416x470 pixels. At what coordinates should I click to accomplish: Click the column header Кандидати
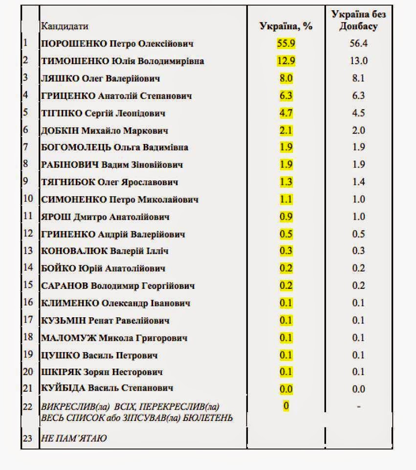pyautogui.click(x=65, y=26)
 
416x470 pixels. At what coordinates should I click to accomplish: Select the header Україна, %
pyautogui.click(x=285, y=26)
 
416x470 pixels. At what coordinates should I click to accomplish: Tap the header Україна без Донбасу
pyautogui.click(x=358, y=20)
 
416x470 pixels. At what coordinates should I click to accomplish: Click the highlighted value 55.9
pyautogui.click(x=285, y=43)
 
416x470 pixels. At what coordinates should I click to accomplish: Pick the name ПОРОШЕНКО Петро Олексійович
pyautogui.click(x=117, y=44)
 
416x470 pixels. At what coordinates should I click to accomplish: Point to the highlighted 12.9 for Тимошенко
pyautogui.click(x=285, y=61)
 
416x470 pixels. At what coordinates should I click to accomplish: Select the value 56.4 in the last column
pyautogui.click(x=358, y=44)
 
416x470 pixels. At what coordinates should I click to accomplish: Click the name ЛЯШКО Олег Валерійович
pyautogui.click(x=108, y=78)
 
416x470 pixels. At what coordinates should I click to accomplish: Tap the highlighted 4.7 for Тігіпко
pyautogui.click(x=285, y=113)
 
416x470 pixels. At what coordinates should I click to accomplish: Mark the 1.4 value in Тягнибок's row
pyautogui.click(x=358, y=182)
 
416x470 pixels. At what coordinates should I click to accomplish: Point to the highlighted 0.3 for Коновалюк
pyautogui.click(x=285, y=251)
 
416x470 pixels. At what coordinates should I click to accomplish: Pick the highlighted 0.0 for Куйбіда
pyautogui.click(x=285, y=389)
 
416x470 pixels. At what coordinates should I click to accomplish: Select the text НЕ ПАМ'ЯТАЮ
pyautogui.click(x=74, y=438)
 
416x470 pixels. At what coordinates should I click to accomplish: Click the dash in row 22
pyautogui.click(x=358, y=406)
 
